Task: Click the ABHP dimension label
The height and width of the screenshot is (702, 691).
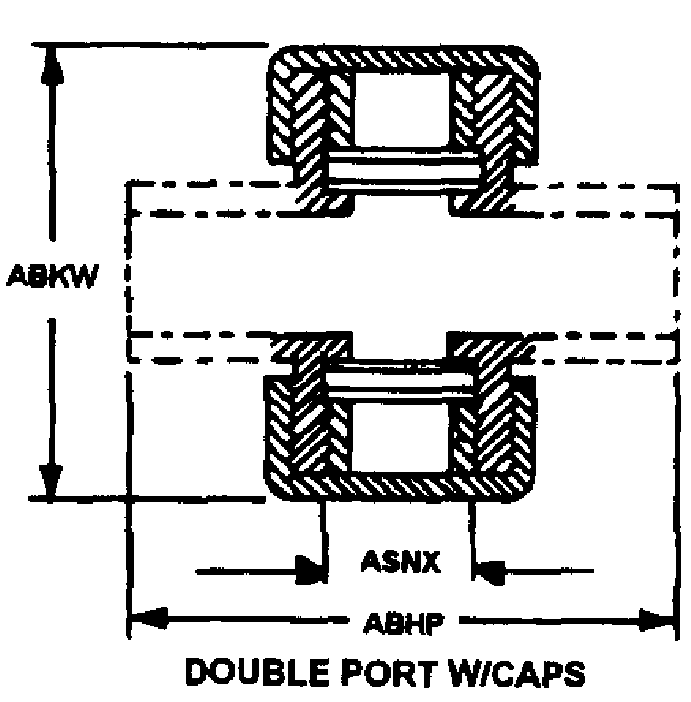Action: (x=403, y=623)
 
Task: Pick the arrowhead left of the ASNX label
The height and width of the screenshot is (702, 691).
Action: (x=313, y=572)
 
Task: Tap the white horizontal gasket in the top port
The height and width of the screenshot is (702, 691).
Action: (x=400, y=171)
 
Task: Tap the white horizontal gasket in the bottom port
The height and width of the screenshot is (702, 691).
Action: (x=400, y=381)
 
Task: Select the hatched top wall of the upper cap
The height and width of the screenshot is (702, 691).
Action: (x=401, y=58)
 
